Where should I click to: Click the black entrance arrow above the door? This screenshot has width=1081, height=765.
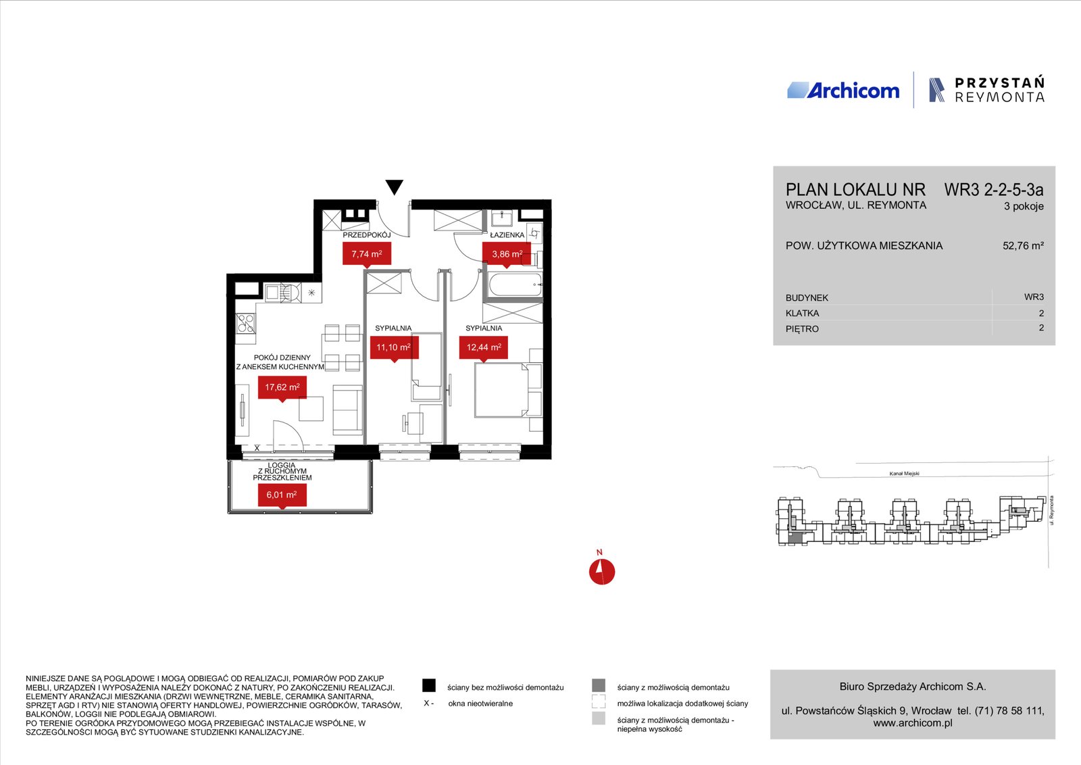(x=395, y=187)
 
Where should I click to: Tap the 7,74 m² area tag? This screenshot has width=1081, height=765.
(x=367, y=254)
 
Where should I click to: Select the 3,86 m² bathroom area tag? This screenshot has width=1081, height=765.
(x=507, y=254)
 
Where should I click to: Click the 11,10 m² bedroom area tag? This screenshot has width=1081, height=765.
(x=394, y=348)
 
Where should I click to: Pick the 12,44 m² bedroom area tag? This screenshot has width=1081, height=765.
(x=484, y=348)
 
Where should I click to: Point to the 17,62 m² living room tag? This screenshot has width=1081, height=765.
(x=282, y=388)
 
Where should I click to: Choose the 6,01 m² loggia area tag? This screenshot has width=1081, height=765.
(x=282, y=495)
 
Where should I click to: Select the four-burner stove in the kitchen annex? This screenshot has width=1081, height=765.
(x=246, y=324)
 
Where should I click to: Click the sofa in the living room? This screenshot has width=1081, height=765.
(x=347, y=410)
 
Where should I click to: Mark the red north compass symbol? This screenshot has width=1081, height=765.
(x=602, y=572)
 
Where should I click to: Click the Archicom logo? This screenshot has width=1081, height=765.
(x=843, y=91)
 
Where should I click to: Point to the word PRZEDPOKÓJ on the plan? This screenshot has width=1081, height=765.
(x=367, y=235)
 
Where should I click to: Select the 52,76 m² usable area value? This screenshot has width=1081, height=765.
(x=1023, y=246)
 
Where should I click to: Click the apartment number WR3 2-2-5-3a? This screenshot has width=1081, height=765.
(x=994, y=190)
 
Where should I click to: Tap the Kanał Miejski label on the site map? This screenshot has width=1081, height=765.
(x=905, y=474)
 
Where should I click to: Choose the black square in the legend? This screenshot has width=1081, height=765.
(x=428, y=685)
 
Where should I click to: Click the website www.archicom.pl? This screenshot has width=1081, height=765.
(x=913, y=723)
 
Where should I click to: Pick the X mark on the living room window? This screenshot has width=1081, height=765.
(x=257, y=448)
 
